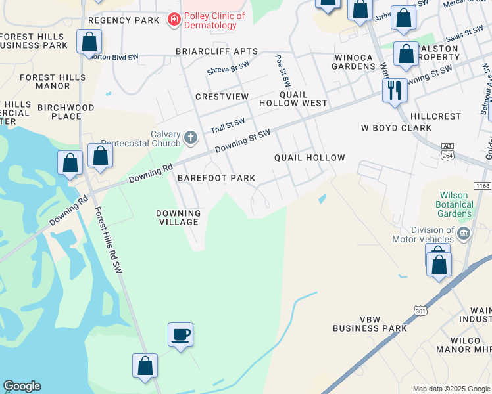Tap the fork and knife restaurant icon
tap(395, 90)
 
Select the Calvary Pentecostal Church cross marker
tap(190, 138)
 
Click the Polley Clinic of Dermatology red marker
tap(174, 20)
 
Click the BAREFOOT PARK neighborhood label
tap(216, 178)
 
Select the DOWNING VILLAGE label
tap(178, 217)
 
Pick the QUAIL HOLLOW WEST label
tap(302, 98)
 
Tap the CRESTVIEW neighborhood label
tap(222, 97)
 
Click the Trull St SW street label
tap(227, 124)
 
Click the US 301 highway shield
tap(418, 309)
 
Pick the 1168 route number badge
tap(481, 186)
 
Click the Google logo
tap(22, 386)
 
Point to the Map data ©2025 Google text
tap(451, 389)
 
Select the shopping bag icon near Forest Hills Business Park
tap(89, 42)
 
